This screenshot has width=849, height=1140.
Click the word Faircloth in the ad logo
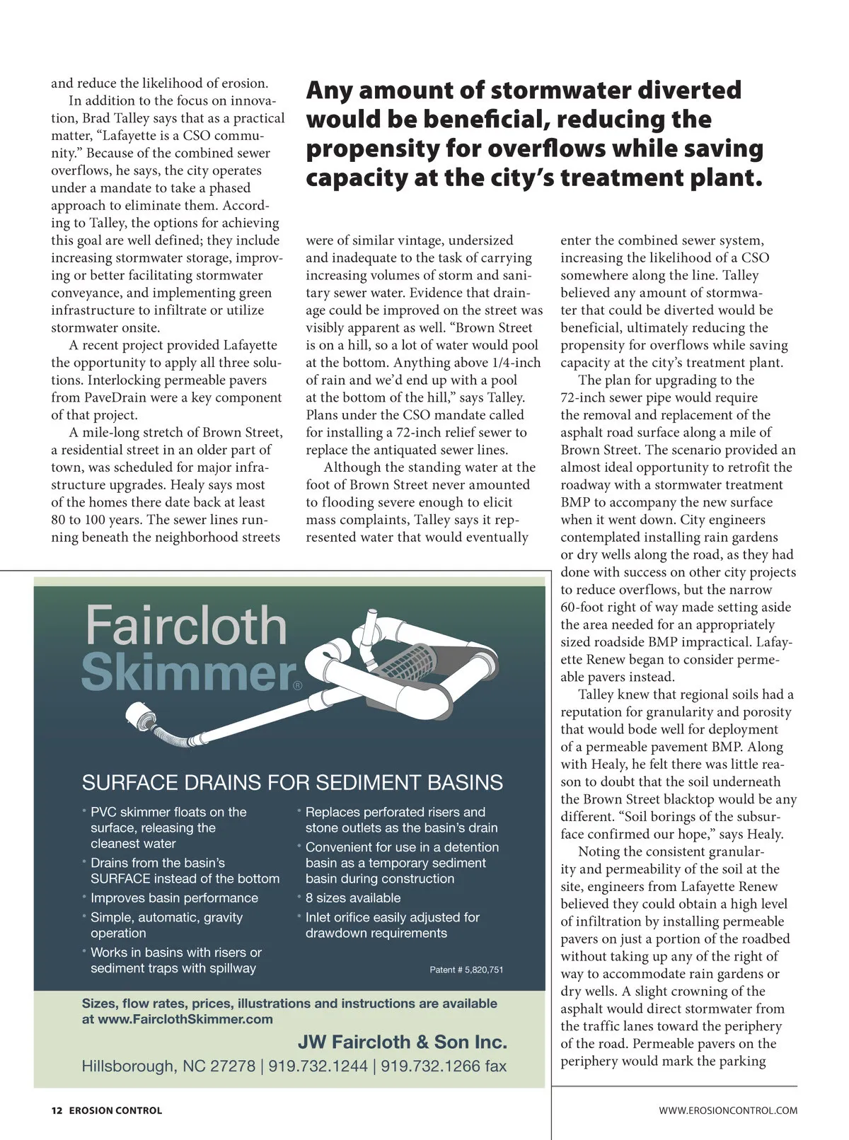185,625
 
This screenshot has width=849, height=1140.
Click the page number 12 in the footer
57,1110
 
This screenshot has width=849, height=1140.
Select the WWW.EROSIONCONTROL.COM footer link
728,1110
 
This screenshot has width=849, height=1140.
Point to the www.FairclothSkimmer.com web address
185,1019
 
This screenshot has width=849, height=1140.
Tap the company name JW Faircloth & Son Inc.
402,1042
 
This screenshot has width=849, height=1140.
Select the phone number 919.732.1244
318,1066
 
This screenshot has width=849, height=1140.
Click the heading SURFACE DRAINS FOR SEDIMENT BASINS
292,783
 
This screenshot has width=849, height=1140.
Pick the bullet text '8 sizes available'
352,898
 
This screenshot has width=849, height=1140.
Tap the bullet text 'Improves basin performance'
174,898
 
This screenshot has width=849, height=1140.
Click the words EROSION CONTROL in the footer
115,1110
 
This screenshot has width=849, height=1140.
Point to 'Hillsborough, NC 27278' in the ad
168,1066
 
